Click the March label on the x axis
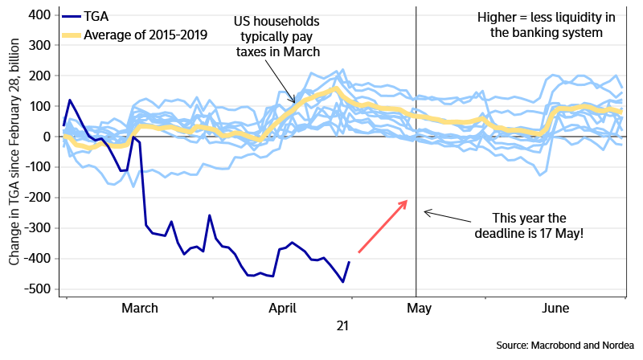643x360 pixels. (139, 308)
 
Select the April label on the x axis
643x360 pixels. (281, 308)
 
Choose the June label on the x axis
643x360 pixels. (556, 308)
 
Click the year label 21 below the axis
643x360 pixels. (343, 325)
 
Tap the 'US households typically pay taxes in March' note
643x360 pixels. (277, 36)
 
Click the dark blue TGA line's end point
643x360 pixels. (349, 262)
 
